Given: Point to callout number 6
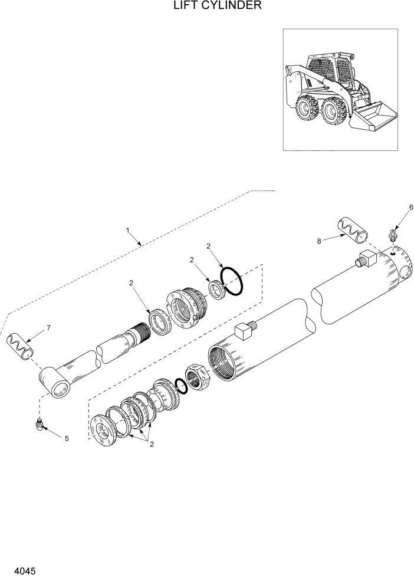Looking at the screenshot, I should click(x=411, y=207).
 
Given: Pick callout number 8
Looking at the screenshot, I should click(x=320, y=241).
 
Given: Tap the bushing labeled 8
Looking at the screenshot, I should click(x=352, y=231).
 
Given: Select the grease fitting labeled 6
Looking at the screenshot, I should click(x=392, y=236).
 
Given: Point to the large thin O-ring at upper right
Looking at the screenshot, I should click(x=232, y=280).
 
